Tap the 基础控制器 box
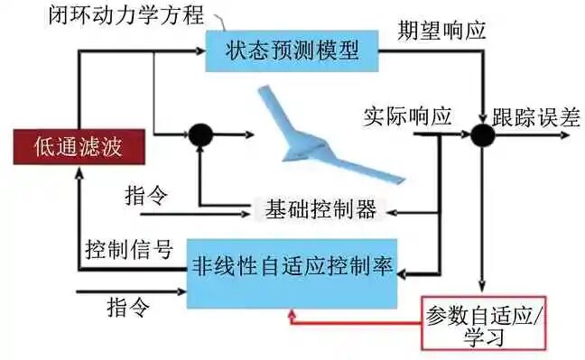(320, 209)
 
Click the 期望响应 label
(441, 31)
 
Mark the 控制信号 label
(129, 249)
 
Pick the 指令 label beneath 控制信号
(126, 304)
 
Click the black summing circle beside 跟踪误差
(484, 136)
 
